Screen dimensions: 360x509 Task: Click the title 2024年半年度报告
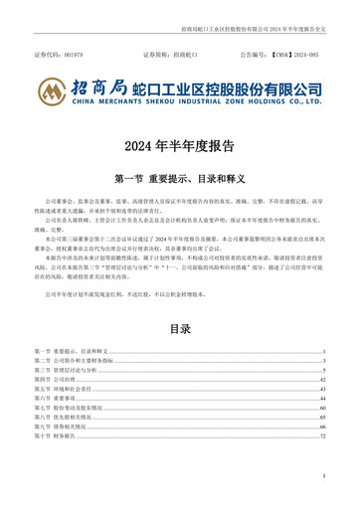180,146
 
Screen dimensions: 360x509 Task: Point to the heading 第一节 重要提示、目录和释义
180,180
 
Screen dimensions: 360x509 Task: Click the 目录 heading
180,327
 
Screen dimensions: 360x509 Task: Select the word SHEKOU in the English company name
156,101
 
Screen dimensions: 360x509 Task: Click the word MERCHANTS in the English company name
112,101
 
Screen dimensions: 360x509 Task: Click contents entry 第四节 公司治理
54,379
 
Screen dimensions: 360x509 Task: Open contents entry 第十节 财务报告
54,434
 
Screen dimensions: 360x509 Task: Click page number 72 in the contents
323,434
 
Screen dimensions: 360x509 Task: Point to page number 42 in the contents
323,379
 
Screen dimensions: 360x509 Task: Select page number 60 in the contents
323,407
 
